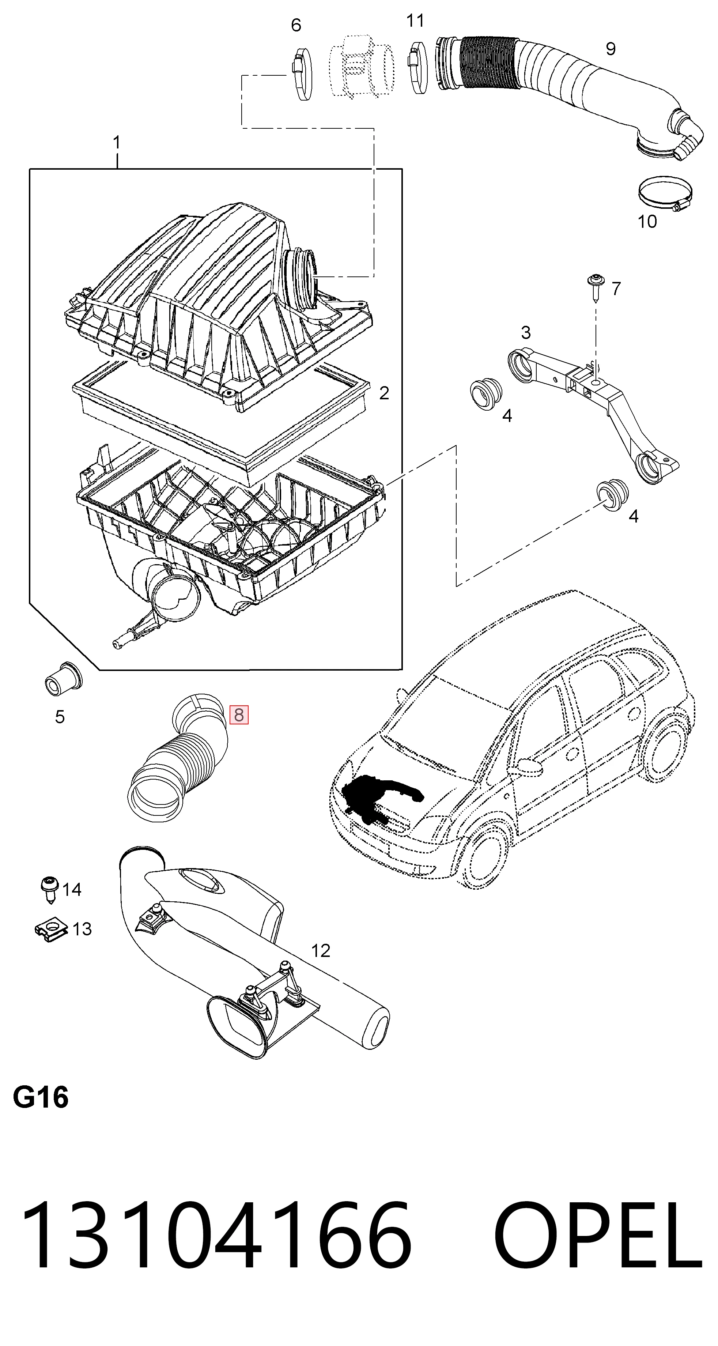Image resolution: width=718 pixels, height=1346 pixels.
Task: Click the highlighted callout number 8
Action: tap(239, 714)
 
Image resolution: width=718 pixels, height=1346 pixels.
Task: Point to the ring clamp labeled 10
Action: tap(665, 193)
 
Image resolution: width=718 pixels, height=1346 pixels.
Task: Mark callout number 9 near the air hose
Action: tap(611, 49)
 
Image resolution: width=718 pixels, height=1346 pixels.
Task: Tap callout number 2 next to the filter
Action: tap(384, 393)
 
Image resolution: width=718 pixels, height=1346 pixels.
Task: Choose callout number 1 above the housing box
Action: tap(117, 143)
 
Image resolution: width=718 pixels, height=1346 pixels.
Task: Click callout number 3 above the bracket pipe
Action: tap(526, 332)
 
